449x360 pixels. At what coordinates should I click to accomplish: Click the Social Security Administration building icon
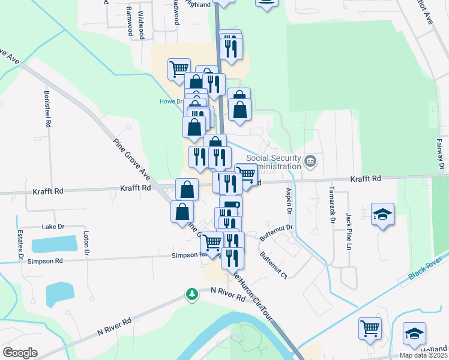310,161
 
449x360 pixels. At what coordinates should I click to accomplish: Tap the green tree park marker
191,295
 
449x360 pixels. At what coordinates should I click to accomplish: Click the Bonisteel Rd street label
47,109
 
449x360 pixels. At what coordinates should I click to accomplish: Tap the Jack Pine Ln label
348,231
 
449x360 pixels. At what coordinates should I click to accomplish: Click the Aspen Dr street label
288,202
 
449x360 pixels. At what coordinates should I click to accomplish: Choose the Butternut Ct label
273,263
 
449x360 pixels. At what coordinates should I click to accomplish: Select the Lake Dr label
53,227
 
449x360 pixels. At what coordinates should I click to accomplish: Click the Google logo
20,353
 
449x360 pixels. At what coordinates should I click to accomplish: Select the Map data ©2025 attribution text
423,355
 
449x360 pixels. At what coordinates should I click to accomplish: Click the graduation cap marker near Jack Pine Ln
382,215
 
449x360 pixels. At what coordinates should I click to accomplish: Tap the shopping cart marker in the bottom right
370,328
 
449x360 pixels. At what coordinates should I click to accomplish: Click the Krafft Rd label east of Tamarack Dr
366,179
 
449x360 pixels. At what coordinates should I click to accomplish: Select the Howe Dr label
170,101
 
